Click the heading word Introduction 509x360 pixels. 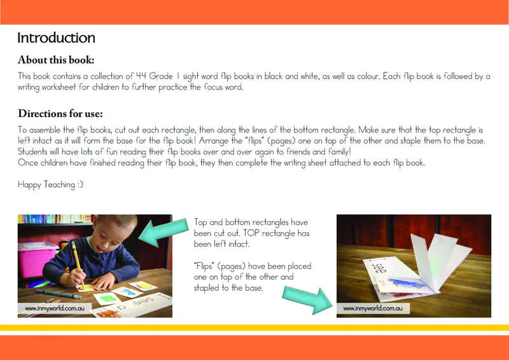coord(56,38)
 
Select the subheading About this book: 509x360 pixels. coord(56,60)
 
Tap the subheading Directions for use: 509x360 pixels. coord(60,114)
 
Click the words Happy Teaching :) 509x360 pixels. coord(51,184)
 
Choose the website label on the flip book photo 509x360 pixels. coord(373,309)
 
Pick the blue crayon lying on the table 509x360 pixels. coord(62,294)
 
